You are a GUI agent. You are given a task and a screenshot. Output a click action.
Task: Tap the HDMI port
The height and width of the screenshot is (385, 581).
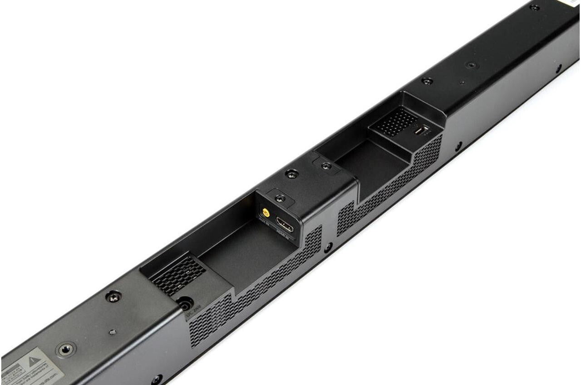[285, 225]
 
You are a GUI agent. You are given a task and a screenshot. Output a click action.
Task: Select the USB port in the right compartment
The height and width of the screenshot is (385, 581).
[421, 131]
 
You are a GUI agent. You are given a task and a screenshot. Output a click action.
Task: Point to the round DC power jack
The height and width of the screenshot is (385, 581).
[185, 304]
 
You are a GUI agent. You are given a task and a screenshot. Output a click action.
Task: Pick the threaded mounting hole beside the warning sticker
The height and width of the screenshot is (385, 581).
[66, 349]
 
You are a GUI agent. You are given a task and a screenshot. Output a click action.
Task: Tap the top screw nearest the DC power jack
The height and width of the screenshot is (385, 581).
[113, 297]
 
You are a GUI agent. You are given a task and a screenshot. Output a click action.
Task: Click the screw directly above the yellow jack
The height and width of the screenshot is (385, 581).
[280, 198]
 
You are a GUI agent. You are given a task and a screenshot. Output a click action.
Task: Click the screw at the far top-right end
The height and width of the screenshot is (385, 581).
[535, 7]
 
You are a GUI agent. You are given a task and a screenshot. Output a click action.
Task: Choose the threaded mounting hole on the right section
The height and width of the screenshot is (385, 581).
[472, 65]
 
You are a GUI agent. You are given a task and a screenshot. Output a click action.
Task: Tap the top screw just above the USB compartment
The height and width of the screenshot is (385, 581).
[427, 81]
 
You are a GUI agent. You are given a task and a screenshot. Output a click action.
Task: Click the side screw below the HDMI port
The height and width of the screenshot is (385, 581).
[327, 248]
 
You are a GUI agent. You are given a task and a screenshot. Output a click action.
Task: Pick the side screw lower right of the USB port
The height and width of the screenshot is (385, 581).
[459, 146]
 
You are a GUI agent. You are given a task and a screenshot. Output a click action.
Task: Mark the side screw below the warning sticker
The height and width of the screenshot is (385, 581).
[157, 379]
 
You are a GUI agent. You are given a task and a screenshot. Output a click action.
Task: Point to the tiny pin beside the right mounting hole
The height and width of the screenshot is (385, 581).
[462, 83]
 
